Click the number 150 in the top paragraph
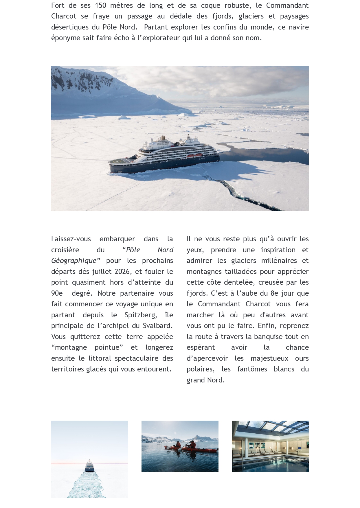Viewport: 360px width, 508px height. [x=100, y=5]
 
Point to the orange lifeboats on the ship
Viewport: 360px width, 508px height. [x=194, y=155]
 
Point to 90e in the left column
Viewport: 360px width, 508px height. [x=57, y=293]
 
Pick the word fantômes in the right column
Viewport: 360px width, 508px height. [x=252, y=369]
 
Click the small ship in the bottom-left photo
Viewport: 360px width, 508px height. [x=89, y=466]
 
